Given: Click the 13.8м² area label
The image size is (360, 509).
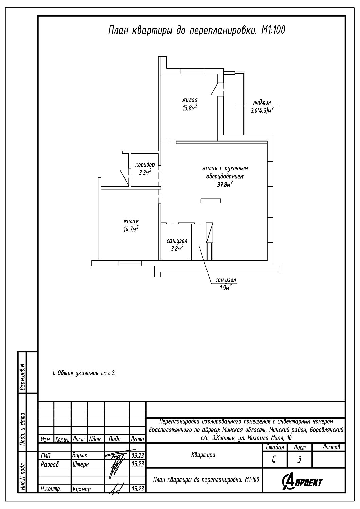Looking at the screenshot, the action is point(190,107).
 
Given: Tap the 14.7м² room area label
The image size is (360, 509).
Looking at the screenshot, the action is point(131,229).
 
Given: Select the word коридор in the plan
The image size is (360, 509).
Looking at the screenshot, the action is point(145,165).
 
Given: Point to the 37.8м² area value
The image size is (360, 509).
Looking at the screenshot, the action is point(225,184).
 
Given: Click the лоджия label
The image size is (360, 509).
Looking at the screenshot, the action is point(262,102).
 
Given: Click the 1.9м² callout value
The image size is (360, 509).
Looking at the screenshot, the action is point(226,288).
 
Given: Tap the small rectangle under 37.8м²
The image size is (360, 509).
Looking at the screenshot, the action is point(211,201).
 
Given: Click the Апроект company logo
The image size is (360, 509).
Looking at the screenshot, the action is point(302,482).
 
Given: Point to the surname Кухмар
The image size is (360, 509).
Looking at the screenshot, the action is point(82,489).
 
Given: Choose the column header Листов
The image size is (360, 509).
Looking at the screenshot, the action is point(331,447).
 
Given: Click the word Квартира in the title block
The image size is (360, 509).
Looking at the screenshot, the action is point(203,455).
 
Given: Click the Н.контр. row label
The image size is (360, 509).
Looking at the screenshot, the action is point(51,489).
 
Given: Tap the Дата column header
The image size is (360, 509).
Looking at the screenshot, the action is point(137,439).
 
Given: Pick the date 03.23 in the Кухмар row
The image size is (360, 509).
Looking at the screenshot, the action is point(138,489).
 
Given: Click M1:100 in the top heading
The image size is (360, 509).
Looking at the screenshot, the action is point(273,30).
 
